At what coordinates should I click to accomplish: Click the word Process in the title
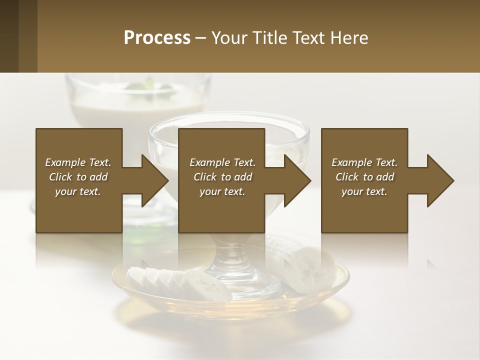pos(157,38)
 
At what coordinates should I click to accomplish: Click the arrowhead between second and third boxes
pos(297,180)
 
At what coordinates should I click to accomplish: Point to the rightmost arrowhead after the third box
pos(440,180)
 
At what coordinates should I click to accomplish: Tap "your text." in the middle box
pos(222,191)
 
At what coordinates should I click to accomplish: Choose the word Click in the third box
pos(347,177)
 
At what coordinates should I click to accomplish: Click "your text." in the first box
pos(78,191)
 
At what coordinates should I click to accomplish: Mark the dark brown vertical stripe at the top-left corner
pos(9,36)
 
